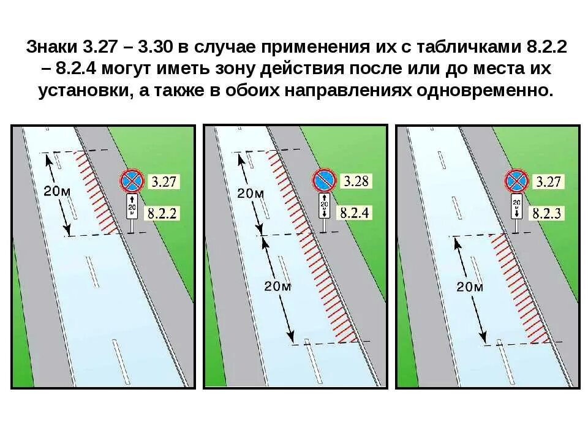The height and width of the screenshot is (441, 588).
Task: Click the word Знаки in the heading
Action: pyautogui.click(x=50, y=47)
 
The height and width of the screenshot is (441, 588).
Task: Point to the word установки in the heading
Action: pyautogui.click(x=78, y=91)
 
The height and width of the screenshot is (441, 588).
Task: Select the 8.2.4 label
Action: pyautogui.click(x=354, y=213)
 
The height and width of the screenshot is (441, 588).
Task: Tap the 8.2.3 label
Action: pyautogui.click(x=548, y=213)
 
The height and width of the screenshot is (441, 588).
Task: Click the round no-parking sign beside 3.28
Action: pyautogui.click(x=324, y=180)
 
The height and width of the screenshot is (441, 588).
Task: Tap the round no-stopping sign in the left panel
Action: pyautogui.click(x=132, y=180)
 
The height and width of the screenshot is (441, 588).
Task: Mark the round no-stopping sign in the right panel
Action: pyautogui.click(x=516, y=180)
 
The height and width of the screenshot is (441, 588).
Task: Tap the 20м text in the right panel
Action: pyautogui.click(x=470, y=287)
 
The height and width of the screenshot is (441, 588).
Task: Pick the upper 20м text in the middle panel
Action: pyautogui.click(x=250, y=194)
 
